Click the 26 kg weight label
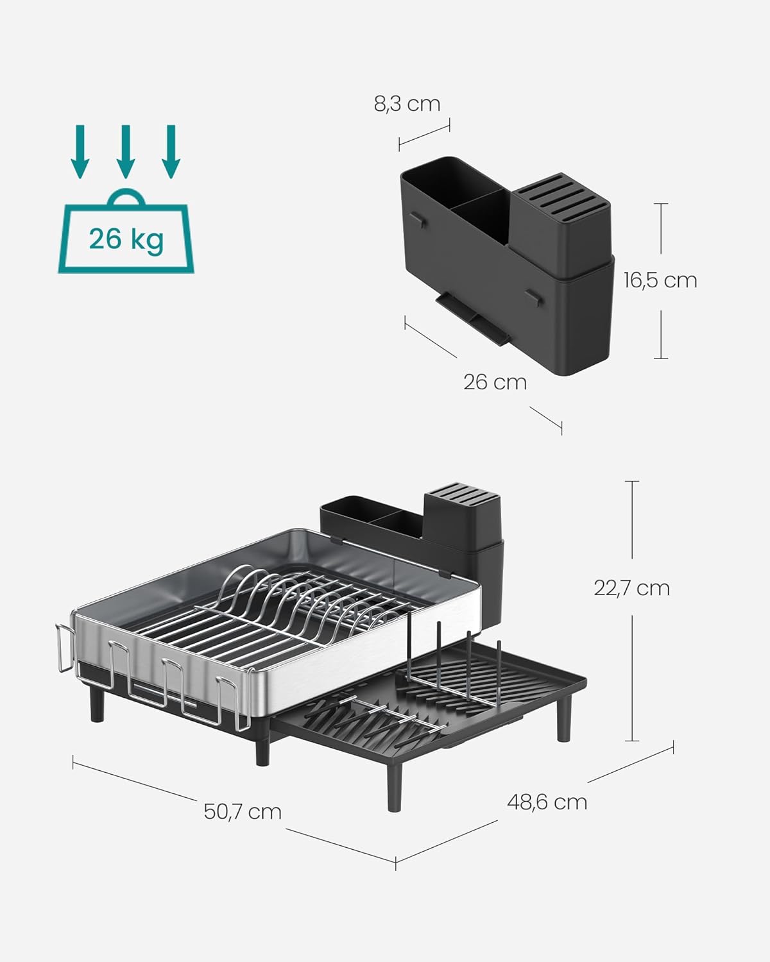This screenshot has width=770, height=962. coord(126,239)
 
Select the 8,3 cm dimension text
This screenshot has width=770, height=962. coord(407,104)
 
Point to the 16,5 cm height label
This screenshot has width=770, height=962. coord(660,280)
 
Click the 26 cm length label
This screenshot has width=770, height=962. coord(495,382)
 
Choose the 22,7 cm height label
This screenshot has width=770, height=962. coord(631,587)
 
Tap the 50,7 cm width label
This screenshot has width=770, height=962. coord(243,811)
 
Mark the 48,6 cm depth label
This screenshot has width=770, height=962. coord(547,802)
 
